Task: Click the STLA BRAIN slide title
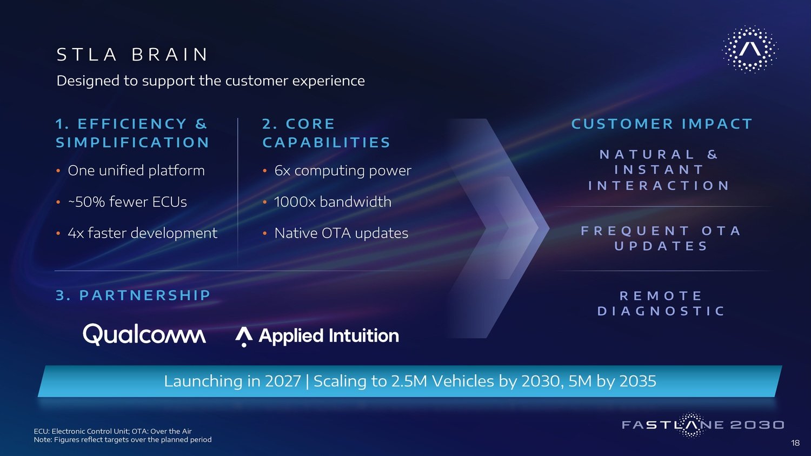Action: (132, 55)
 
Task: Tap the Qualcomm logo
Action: (144, 334)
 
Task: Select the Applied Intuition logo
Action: (317, 336)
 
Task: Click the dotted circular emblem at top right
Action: (750, 49)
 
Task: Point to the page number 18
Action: (795, 442)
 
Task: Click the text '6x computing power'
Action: (343, 170)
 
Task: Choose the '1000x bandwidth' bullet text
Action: (333, 202)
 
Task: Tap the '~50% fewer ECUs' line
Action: (128, 202)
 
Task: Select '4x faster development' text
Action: (143, 233)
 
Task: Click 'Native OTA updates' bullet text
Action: (341, 233)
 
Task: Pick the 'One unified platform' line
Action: (136, 170)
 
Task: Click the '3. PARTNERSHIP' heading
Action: (133, 296)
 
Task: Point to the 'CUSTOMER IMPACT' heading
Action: (662, 124)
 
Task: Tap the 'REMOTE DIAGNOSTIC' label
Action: (661, 303)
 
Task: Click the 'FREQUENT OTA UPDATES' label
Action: (661, 238)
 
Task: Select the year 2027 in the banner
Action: (283, 381)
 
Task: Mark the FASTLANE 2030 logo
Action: (703, 425)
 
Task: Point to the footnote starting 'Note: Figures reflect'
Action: (123, 440)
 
